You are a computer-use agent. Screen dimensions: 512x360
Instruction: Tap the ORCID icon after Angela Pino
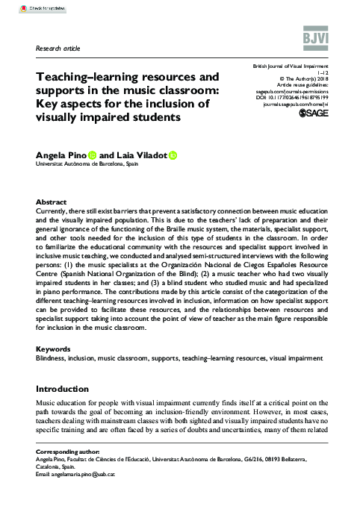(93, 154)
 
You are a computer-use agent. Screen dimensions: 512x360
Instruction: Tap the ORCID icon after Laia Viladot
(173, 154)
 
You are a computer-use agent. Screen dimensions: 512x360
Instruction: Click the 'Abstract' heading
(51, 202)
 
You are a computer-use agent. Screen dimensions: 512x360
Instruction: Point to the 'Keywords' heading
(53, 349)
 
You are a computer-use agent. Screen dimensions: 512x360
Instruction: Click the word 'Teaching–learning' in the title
(83, 77)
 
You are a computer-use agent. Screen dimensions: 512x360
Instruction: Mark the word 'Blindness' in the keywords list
(50, 359)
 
